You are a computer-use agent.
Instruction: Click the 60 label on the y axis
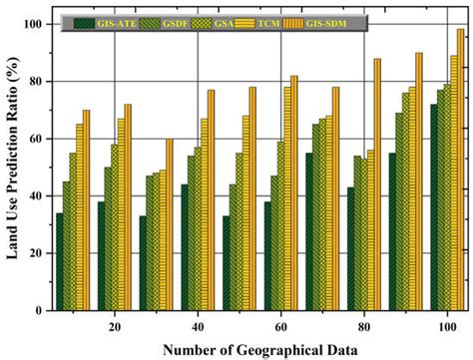point(36,139)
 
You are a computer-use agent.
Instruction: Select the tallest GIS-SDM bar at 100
point(460,170)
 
